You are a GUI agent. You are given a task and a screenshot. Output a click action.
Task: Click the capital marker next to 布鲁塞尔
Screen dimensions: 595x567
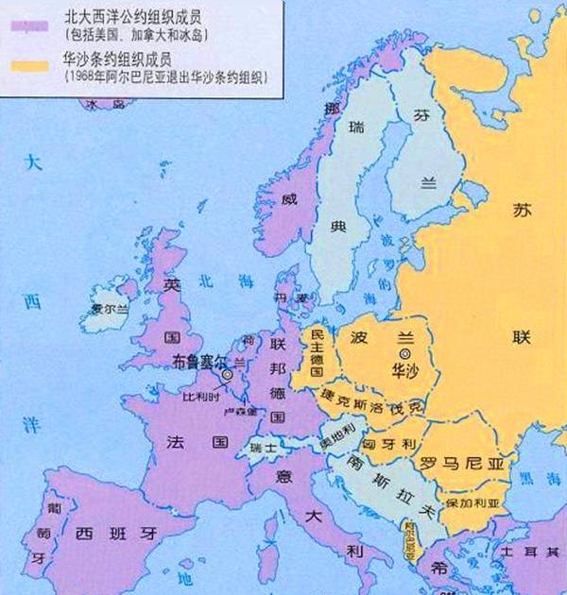pyautogui.click(x=228, y=375)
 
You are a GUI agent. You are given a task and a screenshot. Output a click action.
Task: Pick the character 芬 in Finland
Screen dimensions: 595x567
pyautogui.click(x=421, y=113)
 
